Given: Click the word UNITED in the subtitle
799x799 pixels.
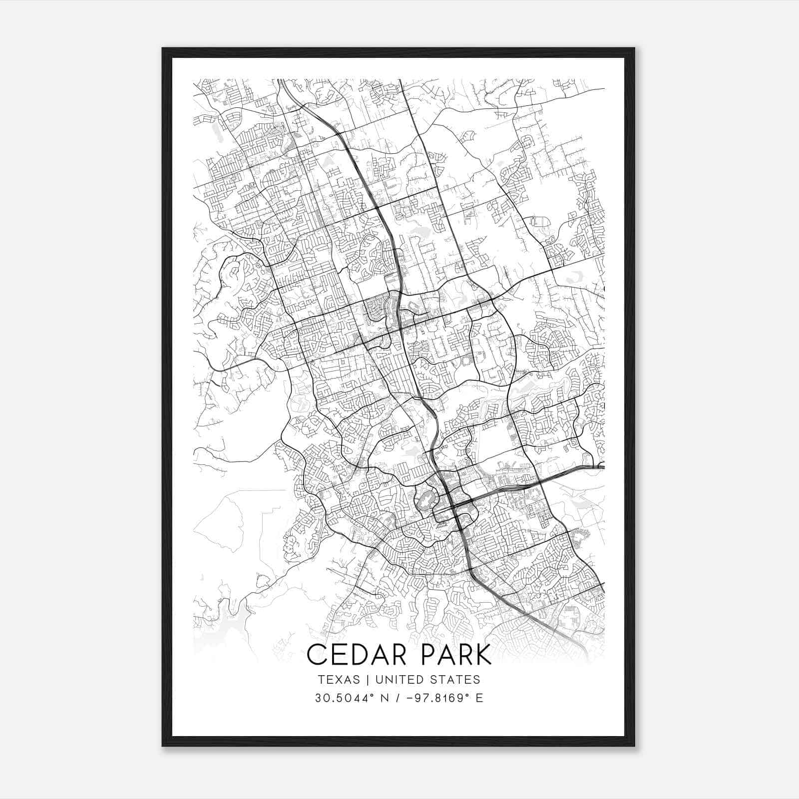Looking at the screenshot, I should click(x=398, y=680).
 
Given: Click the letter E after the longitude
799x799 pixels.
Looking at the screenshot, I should click(x=479, y=698).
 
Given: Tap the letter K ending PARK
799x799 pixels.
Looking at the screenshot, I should click(x=482, y=655).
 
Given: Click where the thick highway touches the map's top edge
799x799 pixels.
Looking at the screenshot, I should click(x=280, y=80).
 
